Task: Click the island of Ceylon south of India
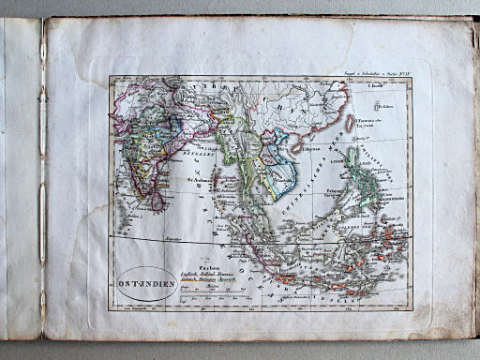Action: click(158, 200)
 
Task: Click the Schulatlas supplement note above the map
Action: click(381, 72)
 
